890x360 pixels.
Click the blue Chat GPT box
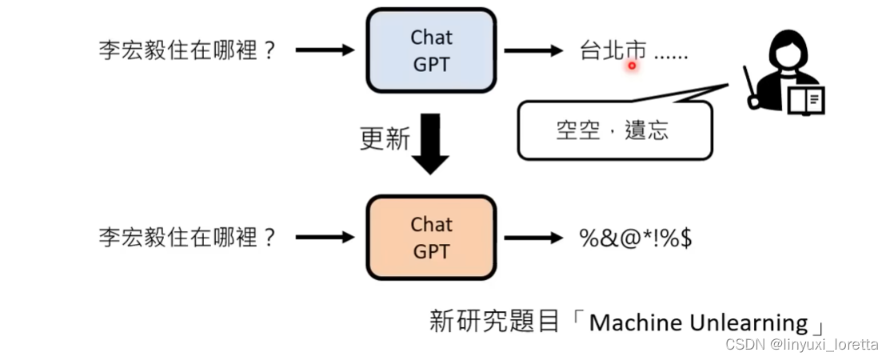click(x=431, y=49)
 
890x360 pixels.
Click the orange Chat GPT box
click(x=431, y=237)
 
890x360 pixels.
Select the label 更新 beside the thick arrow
click(x=385, y=138)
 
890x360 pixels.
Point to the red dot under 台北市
click(x=632, y=66)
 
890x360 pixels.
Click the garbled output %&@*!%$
click(x=636, y=238)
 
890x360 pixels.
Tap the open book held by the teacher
click(x=808, y=100)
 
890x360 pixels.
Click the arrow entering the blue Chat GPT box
click(x=325, y=50)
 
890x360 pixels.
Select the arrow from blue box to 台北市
click(x=533, y=50)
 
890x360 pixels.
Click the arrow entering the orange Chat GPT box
click(x=325, y=238)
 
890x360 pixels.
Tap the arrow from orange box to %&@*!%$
click(x=533, y=238)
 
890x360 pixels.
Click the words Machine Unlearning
click(x=698, y=322)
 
